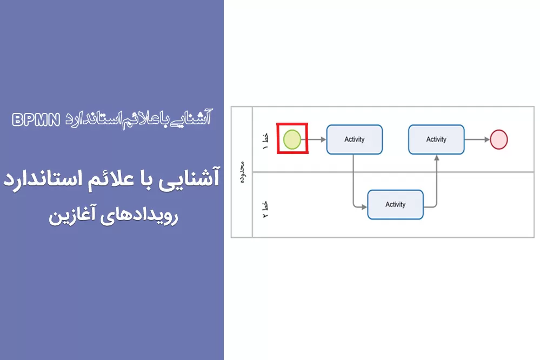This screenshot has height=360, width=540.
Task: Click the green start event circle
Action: tap(292, 139)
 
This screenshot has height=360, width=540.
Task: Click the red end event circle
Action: tap(499, 139)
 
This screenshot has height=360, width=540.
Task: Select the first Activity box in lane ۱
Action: tap(355, 139)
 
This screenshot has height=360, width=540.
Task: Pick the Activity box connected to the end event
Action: tap(436, 139)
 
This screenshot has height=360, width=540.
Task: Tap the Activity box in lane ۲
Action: tap(395, 205)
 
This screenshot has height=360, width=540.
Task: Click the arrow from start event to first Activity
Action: tap(314, 139)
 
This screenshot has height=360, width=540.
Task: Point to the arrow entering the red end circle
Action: tap(477, 139)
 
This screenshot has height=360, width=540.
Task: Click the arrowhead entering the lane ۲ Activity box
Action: tap(364, 207)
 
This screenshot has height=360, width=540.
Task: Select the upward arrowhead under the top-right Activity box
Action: tap(437, 158)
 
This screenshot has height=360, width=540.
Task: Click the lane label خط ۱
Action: tap(265, 142)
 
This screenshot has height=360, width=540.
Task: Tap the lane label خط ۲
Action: tap(265, 209)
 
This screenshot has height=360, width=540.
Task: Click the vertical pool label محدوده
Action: tap(243, 172)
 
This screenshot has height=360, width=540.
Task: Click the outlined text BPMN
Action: tap(36, 120)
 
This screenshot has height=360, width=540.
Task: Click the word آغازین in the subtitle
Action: tap(72, 216)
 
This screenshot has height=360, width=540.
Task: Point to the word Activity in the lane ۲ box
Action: tap(395, 205)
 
